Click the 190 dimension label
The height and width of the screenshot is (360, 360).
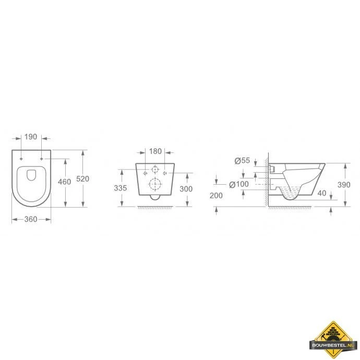tap(31, 137)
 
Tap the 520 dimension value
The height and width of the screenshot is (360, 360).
tap(82, 178)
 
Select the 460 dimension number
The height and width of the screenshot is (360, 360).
tap(64, 182)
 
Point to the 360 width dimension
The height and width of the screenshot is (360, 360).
tap(31, 219)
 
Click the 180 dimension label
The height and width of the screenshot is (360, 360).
tap(155, 151)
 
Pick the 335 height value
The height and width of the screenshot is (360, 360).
tap(121, 188)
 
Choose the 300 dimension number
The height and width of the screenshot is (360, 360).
tap(186, 189)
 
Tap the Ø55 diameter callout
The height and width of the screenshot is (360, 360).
tap(242, 161)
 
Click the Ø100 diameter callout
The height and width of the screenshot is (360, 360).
tap(239, 184)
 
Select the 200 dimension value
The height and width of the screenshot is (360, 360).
tap(216, 196)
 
